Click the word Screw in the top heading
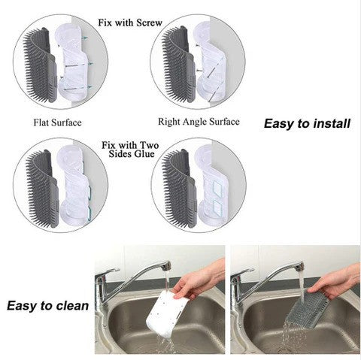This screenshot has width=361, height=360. [x=150, y=23]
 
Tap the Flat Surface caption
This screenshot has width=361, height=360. [x=58, y=123]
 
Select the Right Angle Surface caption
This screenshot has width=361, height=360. [x=199, y=122]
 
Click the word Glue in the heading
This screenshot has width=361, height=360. [x=144, y=154]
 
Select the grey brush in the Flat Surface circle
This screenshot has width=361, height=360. [x=41, y=65]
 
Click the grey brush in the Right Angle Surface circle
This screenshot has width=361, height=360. [x=178, y=65]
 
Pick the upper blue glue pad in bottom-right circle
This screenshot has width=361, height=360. [x=217, y=189]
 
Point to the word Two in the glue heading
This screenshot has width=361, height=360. [x=149, y=145]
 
